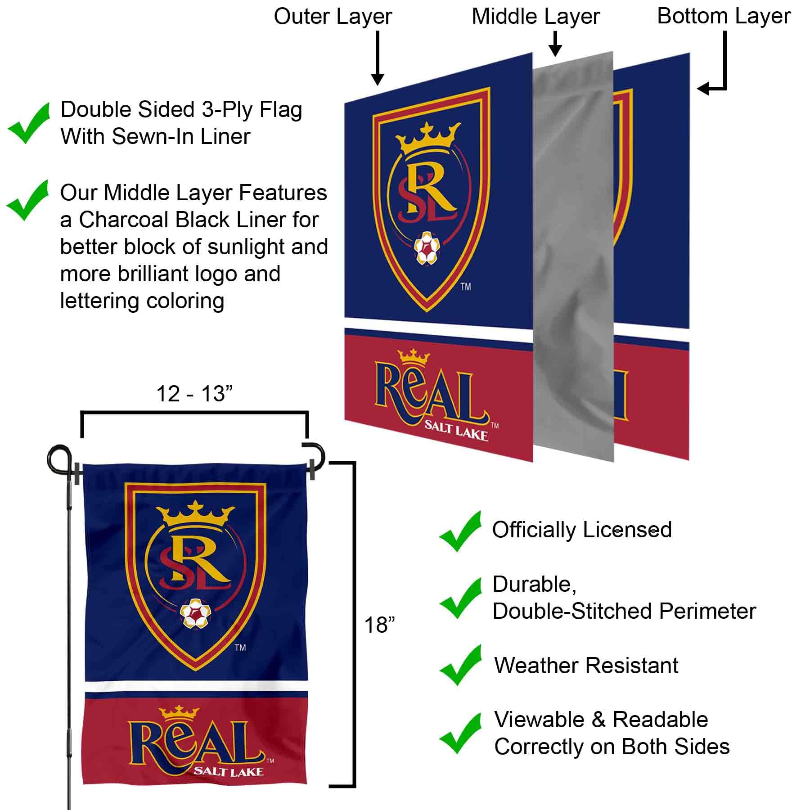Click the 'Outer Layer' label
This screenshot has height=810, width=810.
click(x=333, y=17)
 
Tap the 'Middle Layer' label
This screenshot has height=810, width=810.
click(x=535, y=17)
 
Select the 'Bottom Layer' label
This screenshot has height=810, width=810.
click(x=724, y=16)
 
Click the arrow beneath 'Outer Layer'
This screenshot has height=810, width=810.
click(x=378, y=58)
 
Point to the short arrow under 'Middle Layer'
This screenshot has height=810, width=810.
click(x=556, y=44)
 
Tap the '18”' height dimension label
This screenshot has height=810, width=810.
click(x=379, y=625)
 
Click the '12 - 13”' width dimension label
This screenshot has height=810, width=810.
click(x=194, y=394)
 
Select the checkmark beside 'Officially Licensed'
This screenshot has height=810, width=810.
click(x=460, y=531)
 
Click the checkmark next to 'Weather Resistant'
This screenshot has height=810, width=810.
click(x=460, y=665)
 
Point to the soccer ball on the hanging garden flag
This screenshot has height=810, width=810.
click(x=195, y=613)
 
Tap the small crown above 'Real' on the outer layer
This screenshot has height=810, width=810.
click(x=414, y=358)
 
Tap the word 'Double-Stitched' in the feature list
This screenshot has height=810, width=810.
click(x=572, y=611)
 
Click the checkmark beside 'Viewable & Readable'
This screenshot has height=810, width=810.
click(x=460, y=733)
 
